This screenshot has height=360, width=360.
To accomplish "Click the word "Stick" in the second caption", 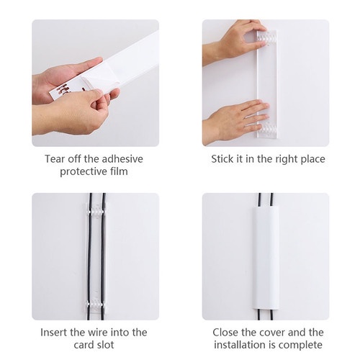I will point(223,158).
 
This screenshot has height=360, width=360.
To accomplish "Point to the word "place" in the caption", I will point(310,158).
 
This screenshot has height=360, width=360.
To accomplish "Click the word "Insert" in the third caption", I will point(55,332).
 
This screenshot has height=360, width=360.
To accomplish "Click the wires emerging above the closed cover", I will point(265,202).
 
